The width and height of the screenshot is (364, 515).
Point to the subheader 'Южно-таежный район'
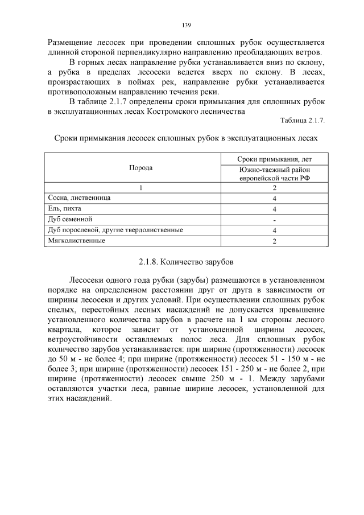(x=274, y=169)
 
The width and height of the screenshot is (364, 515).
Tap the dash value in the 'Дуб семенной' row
(x=274, y=220)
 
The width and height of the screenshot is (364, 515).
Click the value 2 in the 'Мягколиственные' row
(x=274, y=241)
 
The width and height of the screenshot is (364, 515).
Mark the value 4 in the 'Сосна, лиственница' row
(x=274, y=198)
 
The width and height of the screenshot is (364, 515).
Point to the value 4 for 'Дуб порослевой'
(x=274, y=230)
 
